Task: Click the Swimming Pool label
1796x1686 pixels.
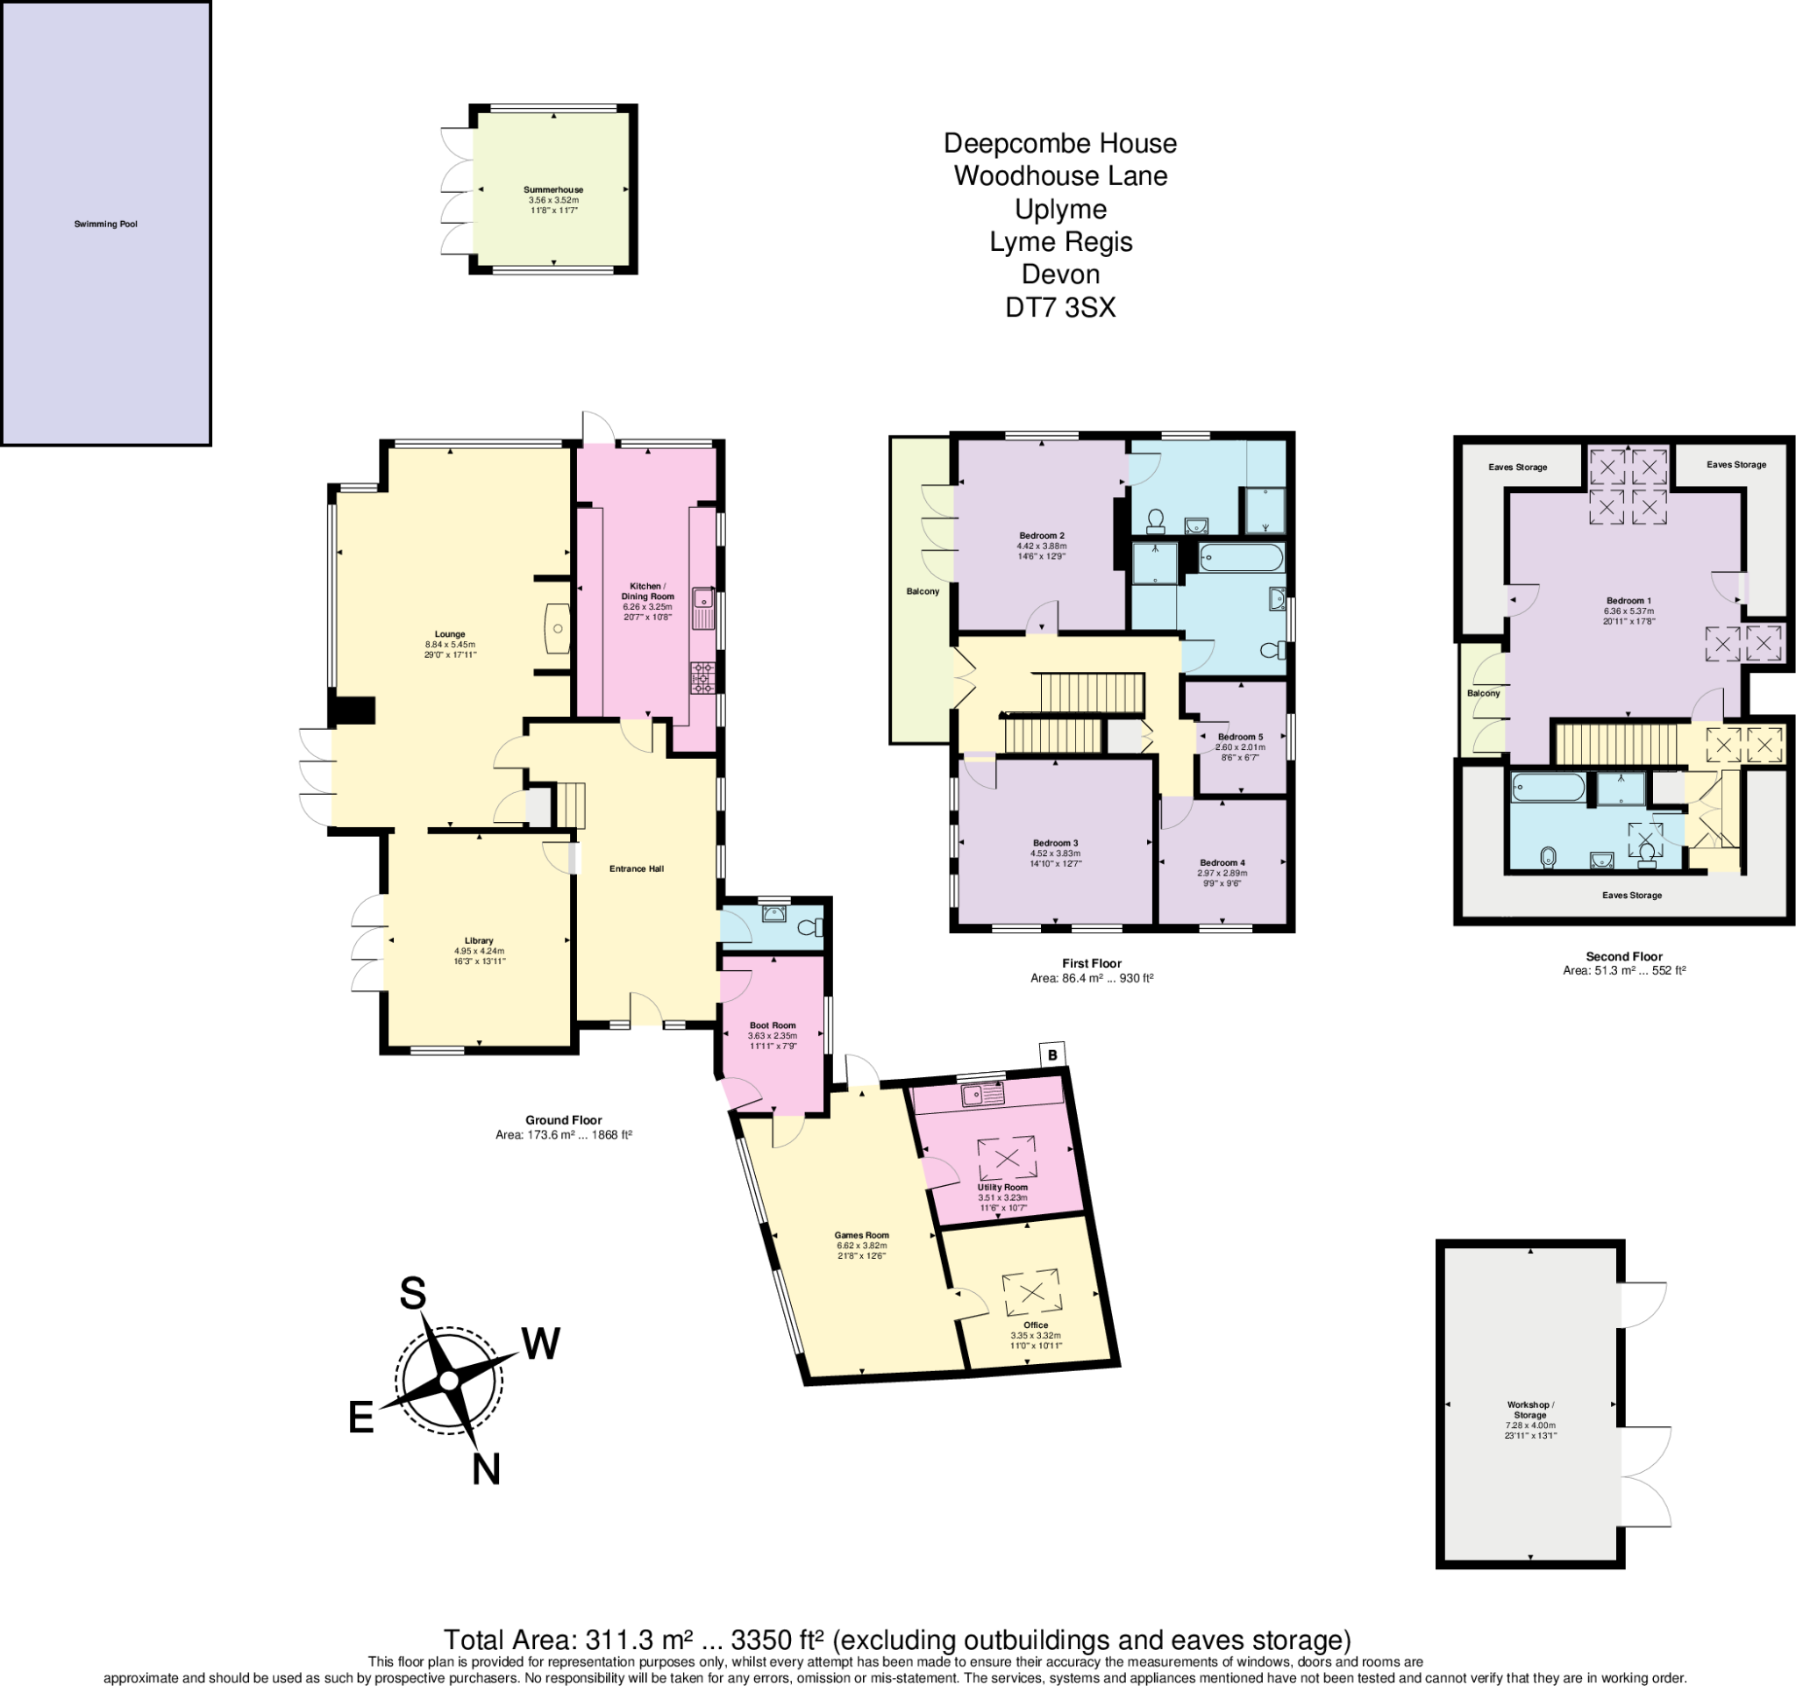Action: tap(106, 224)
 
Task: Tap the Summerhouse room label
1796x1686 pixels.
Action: tap(554, 189)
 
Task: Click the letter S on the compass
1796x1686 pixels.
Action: tap(413, 1294)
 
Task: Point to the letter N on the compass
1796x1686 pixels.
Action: tap(486, 1470)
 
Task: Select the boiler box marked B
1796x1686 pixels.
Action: tap(1052, 1054)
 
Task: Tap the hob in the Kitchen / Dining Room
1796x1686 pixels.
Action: tap(702, 678)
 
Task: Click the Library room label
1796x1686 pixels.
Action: tap(479, 940)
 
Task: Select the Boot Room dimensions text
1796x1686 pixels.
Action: tap(773, 1041)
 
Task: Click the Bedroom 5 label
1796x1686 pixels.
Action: tap(1240, 737)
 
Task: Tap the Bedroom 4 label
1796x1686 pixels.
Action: tap(1222, 863)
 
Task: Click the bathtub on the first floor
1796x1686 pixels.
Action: tap(1240, 558)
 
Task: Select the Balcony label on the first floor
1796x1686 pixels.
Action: tap(923, 591)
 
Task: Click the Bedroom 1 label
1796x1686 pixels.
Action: tap(1629, 601)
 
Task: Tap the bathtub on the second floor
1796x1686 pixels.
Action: tap(1548, 788)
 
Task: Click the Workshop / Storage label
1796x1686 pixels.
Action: tap(1530, 1410)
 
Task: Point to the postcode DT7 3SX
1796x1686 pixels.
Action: tap(1060, 308)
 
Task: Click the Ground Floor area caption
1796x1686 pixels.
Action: tap(564, 1126)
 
